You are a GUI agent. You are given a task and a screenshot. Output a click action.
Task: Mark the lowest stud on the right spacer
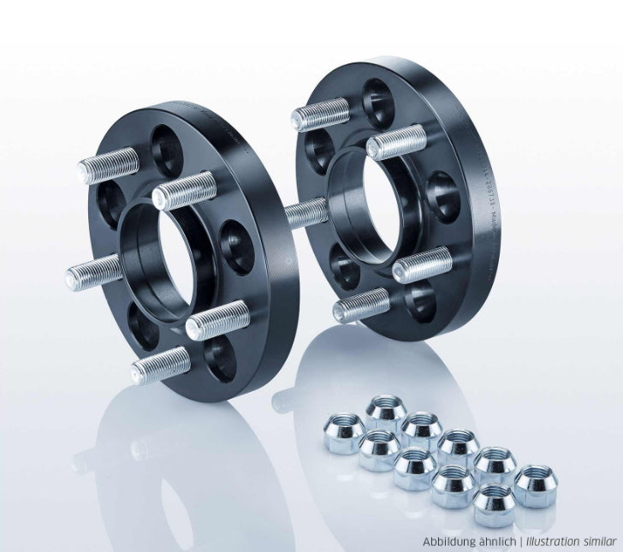pyautogui.click(x=360, y=305)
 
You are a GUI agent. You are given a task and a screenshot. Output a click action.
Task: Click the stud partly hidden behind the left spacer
pyautogui.click(x=306, y=211)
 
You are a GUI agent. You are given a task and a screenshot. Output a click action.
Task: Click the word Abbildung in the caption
pyautogui.click(x=449, y=542)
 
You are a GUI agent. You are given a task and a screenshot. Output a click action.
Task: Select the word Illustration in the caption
pyautogui.click(x=555, y=542)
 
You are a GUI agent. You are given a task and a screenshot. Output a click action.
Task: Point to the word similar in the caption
pyautogui.click(x=602, y=542)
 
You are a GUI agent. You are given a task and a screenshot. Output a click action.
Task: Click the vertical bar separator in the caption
pyautogui.click(x=520, y=542)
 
